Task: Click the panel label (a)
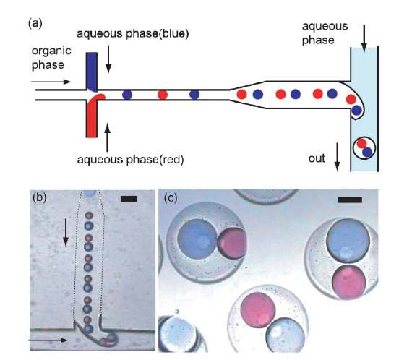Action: (35, 24)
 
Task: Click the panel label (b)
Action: (40, 197)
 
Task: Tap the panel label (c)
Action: (171, 198)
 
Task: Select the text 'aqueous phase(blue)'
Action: (133, 34)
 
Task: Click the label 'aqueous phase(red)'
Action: (130, 159)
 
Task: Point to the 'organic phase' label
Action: (51, 58)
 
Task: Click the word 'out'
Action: (317, 158)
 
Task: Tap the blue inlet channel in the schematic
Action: (92, 72)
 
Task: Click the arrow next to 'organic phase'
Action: (51, 82)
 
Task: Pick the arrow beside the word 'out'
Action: (337, 157)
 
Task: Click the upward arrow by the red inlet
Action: (108, 137)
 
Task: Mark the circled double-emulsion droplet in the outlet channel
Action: (364, 148)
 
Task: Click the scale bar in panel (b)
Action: (129, 199)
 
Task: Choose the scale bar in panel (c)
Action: (350, 200)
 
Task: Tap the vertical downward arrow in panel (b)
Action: (66, 233)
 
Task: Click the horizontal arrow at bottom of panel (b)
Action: (48, 340)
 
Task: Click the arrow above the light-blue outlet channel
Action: (364, 38)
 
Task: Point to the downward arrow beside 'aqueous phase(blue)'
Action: (108, 59)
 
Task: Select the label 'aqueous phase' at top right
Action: (325, 33)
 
